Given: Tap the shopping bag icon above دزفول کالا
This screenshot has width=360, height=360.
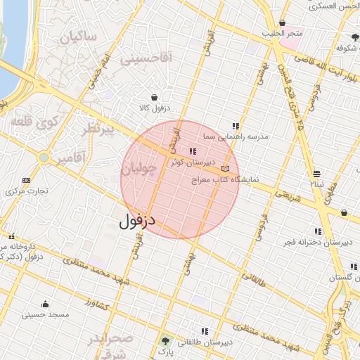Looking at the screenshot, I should pyautogui.click(x=154, y=98).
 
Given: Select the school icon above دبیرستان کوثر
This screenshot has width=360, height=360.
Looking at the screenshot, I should pyautogui.click(x=193, y=151).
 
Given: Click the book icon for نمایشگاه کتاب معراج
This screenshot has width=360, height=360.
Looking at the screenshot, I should pyautogui.click(x=225, y=169).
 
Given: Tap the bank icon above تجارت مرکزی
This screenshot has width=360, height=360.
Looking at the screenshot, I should pyautogui.click(x=27, y=180).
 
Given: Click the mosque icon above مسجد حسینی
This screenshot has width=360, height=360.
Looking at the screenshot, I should pyautogui.click(x=46, y=304).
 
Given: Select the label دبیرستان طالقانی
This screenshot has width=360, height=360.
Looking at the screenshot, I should pyautogui.click(x=205, y=342).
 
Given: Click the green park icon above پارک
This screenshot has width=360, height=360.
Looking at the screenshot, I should pyautogui.click(x=166, y=340).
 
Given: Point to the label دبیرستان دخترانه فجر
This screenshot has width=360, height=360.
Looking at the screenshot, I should pyautogui.click(x=325, y=243).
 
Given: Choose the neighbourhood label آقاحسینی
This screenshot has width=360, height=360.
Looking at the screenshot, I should pyautogui.click(x=146, y=60).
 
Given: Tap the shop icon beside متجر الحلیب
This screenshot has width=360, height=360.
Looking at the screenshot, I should pyautogui.click(x=282, y=23).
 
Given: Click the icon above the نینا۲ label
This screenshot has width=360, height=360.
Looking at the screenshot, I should pyautogui.click(x=317, y=172).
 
